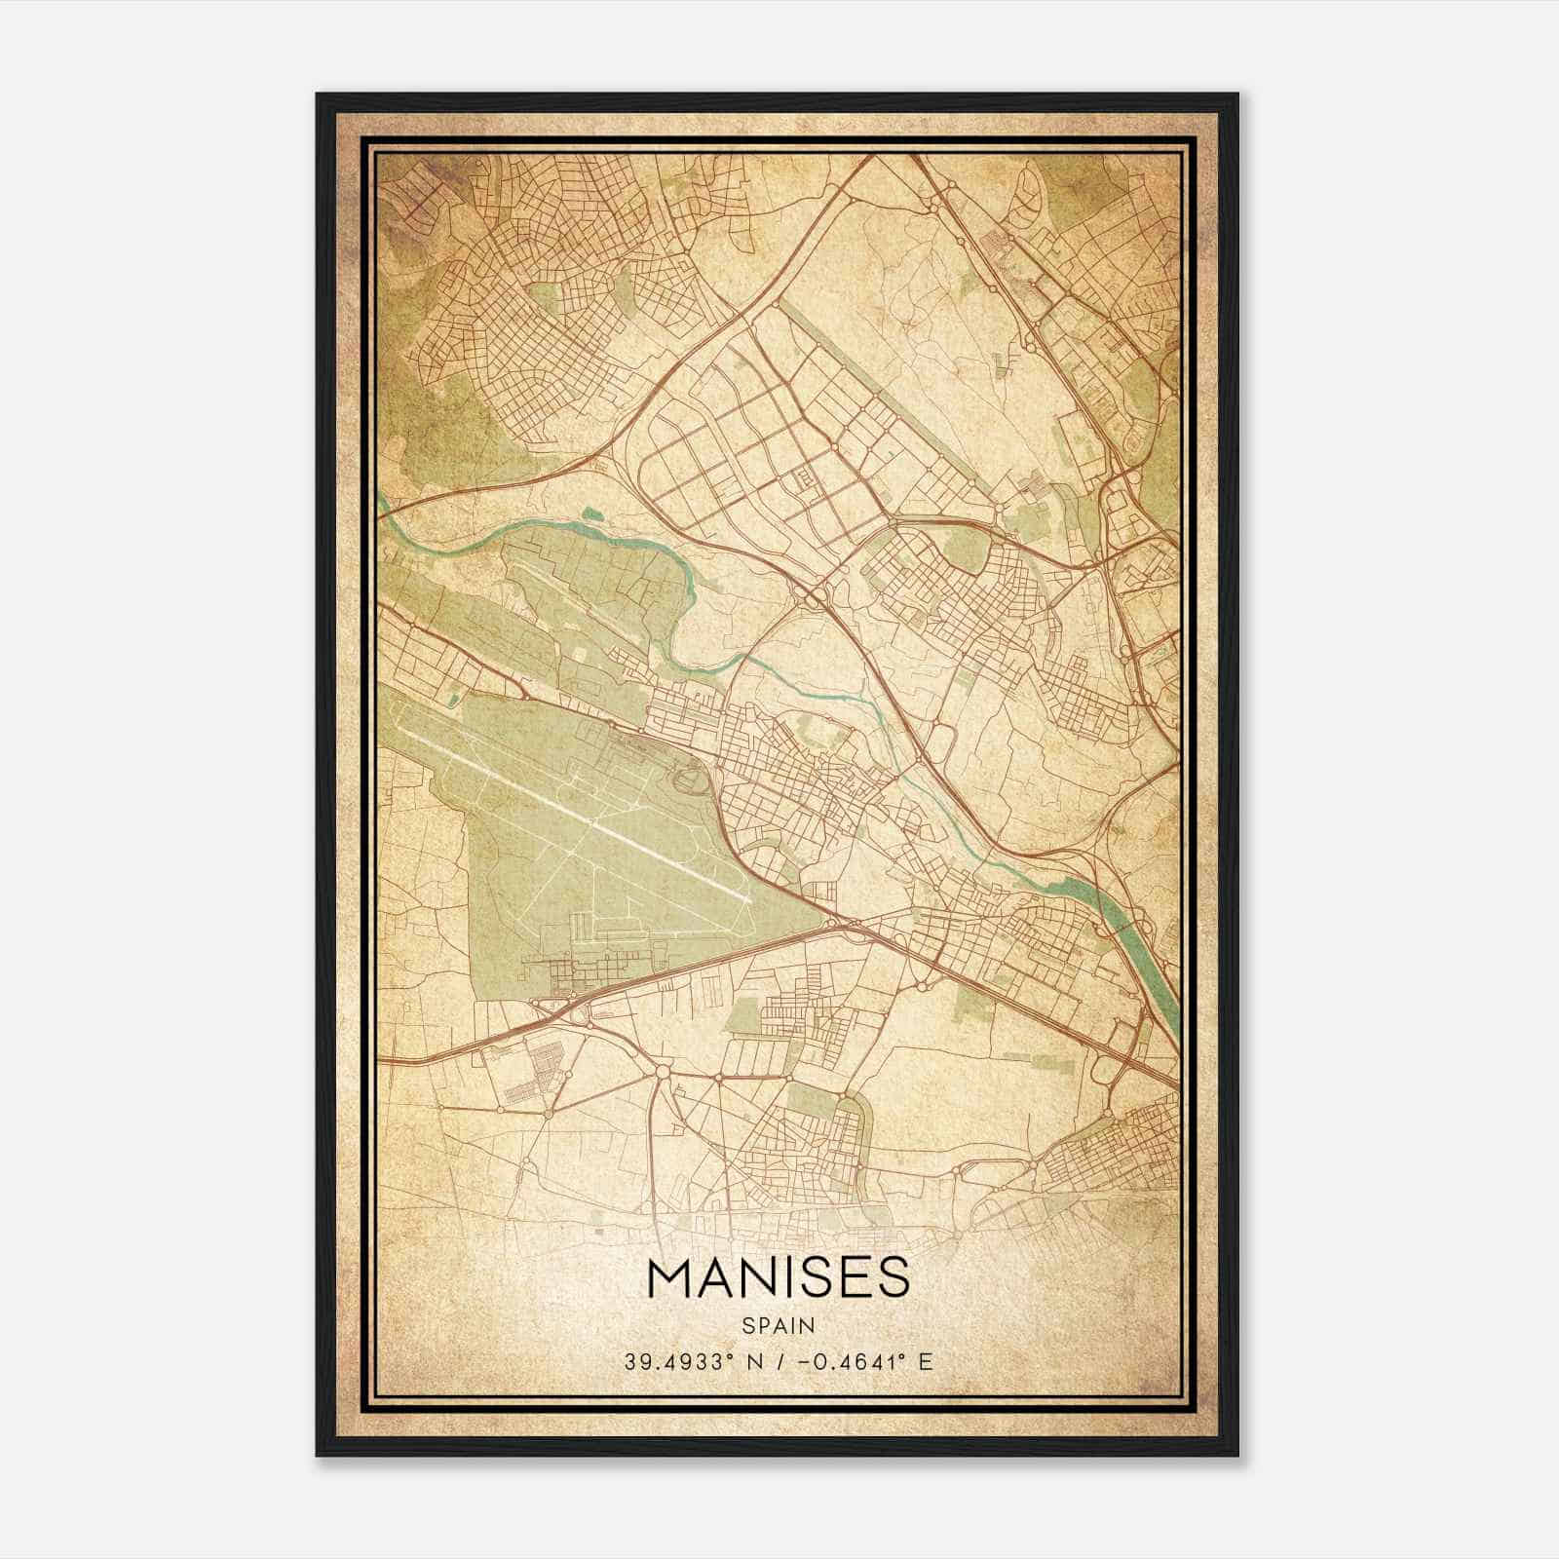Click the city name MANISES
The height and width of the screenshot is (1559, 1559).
pyautogui.click(x=778, y=1278)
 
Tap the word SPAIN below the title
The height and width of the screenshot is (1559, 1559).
pyautogui.click(x=778, y=1325)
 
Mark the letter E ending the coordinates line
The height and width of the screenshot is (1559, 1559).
pyautogui.click(x=926, y=1360)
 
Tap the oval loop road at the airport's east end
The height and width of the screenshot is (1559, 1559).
pyautogui.click(x=690, y=779)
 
